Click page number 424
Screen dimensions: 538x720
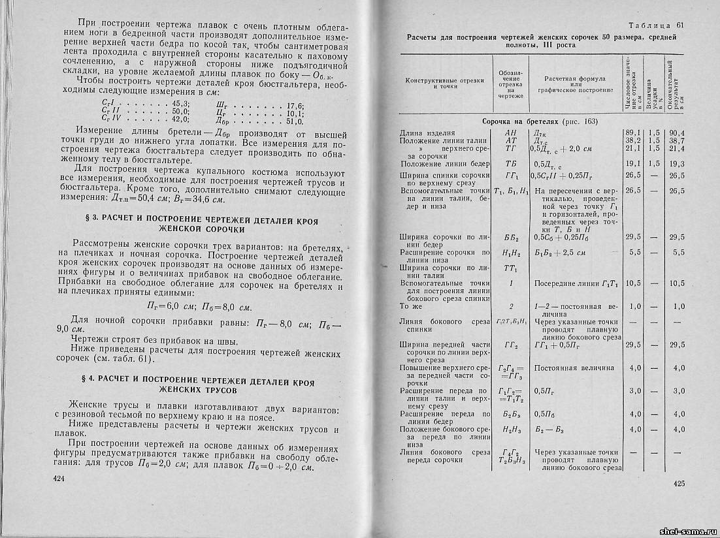point(61,479)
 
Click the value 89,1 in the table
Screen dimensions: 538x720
point(632,133)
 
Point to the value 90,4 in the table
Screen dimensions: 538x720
point(678,133)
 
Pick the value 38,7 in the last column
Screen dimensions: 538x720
point(678,140)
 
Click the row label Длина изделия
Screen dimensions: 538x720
point(427,133)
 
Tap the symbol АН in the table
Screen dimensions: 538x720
point(510,133)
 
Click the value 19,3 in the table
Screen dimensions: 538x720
point(678,164)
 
